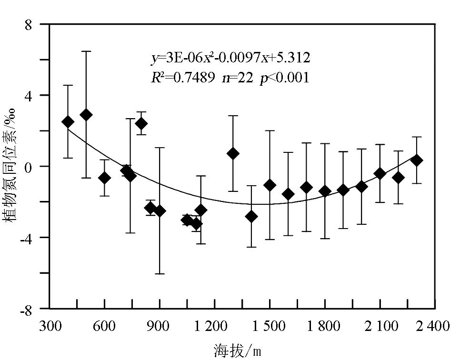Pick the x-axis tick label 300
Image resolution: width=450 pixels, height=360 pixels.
[50, 326]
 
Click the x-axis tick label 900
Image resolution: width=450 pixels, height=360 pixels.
[160, 326]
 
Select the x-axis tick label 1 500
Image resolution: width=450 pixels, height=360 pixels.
[270, 326]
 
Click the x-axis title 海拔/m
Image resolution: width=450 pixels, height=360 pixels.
[237, 351]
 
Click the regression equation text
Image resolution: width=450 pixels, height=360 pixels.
[231, 58]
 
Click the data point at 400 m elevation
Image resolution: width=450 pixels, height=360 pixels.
[68, 122]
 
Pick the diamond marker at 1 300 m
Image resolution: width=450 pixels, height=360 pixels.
[233, 153]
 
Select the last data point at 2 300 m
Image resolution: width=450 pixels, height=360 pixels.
[417, 160]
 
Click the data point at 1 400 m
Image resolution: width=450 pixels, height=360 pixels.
[251, 216]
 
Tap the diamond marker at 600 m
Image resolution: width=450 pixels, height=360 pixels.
[105, 178]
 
